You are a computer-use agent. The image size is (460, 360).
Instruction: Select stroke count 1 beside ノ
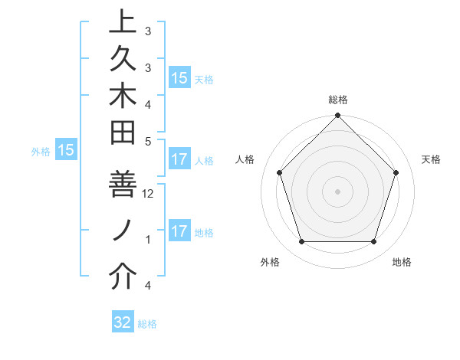pyautogui.click(x=148, y=240)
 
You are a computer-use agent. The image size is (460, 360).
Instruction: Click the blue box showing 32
pyautogui.click(x=123, y=322)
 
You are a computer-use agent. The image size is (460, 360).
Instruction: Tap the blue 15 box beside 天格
pyautogui.click(x=179, y=77)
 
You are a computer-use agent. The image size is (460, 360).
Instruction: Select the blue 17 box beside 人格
pyautogui.click(x=179, y=160)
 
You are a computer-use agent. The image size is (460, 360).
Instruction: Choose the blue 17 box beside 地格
pyautogui.click(x=179, y=231)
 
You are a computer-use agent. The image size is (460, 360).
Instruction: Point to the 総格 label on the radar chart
pyautogui.click(x=337, y=100)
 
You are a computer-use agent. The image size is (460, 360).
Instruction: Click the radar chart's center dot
pyautogui.click(x=337, y=191)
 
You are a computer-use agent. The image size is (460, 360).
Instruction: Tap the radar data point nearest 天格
pyautogui.click(x=396, y=172)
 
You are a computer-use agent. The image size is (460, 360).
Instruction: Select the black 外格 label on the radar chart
pyautogui.click(x=270, y=262)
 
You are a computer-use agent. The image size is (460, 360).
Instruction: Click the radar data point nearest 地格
pyautogui.click(x=373, y=241)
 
